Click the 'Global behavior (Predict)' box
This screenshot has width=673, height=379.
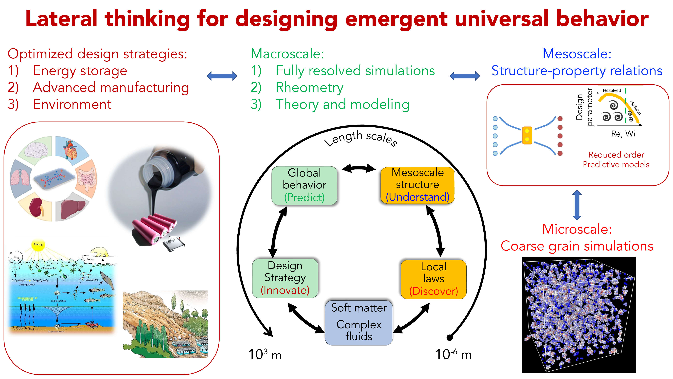point(304,185)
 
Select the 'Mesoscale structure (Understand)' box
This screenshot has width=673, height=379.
point(417,185)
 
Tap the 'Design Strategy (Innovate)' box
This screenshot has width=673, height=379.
point(285,278)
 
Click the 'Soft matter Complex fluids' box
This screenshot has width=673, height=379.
point(359,322)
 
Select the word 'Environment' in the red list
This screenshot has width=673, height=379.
point(72,104)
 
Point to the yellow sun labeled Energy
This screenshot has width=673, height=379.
point(38,245)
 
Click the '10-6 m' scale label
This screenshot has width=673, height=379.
point(453,354)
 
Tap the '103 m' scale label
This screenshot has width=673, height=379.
point(265,354)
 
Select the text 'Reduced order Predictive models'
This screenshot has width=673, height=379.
point(616,160)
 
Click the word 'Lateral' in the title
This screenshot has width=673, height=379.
point(61,19)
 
